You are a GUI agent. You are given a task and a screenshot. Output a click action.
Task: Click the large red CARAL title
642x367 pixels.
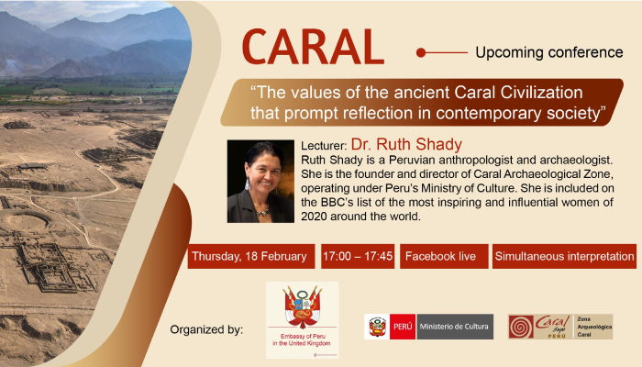(x=313, y=47)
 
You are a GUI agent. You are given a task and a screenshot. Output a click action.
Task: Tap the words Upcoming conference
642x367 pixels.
(x=549, y=52)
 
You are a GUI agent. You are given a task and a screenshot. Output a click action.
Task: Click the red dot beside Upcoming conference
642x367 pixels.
(x=420, y=52)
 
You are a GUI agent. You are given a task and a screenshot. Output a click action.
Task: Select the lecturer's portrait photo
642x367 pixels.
(x=260, y=181)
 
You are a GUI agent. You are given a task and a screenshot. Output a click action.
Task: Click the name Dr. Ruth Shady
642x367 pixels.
(x=406, y=144)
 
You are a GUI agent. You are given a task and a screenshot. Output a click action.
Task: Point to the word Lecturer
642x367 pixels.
(x=324, y=146)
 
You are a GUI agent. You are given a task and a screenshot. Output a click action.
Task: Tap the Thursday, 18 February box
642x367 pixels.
(x=251, y=256)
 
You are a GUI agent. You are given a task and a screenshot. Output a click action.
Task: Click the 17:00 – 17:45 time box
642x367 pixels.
(x=358, y=256)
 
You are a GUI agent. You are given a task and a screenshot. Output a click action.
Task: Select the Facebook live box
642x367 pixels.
(x=444, y=256)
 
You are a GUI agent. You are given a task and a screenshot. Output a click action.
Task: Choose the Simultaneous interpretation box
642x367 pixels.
(x=564, y=256)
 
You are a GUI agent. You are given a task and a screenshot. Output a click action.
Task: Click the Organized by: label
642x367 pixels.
(x=206, y=329)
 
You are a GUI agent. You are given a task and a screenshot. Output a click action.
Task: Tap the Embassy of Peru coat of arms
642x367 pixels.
(x=303, y=307)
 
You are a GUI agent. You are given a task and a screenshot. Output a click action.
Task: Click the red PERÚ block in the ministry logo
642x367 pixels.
(x=403, y=327)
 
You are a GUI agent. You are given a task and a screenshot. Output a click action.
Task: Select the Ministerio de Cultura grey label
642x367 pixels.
(x=454, y=327)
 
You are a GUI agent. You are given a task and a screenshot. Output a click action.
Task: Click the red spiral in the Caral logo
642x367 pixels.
(x=521, y=327)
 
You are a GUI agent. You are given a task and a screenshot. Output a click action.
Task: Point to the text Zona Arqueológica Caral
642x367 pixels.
(x=594, y=327)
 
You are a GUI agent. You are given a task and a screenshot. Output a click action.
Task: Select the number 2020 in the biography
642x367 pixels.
(x=314, y=217)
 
